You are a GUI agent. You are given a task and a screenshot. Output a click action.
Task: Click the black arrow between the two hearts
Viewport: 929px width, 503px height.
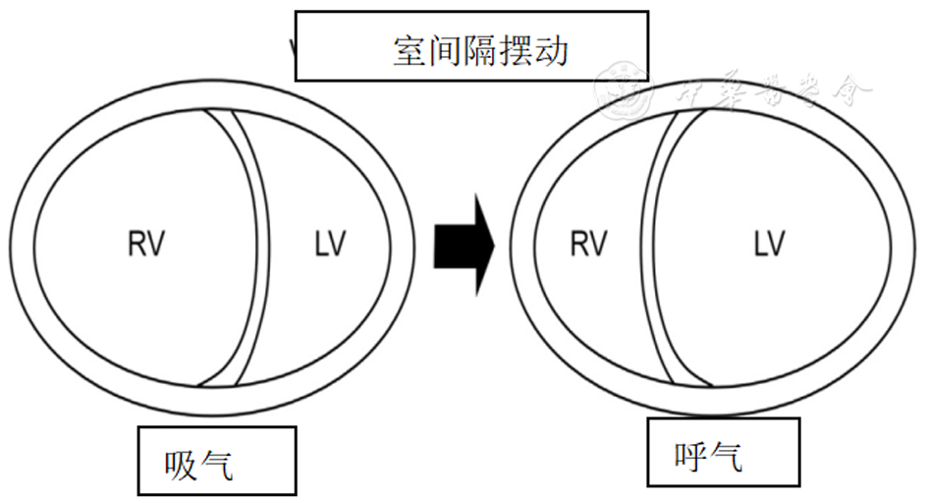coord(464,245)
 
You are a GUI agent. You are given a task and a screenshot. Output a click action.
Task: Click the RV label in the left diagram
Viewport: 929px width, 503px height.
coord(145,245)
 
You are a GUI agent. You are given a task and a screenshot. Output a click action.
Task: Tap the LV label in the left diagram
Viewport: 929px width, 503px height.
coord(329,245)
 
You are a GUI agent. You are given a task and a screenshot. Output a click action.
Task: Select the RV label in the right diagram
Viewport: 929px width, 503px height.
coord(588,244)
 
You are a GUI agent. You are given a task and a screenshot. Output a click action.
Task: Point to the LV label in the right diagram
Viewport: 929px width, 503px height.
coord(769,244)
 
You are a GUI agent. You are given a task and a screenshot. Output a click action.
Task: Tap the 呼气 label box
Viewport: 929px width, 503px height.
coord(723,452)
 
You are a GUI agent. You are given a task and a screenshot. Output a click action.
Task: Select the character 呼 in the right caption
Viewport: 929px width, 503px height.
coord(692,456)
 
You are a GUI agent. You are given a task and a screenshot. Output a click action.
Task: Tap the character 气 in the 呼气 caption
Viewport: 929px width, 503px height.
coord(728,456)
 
